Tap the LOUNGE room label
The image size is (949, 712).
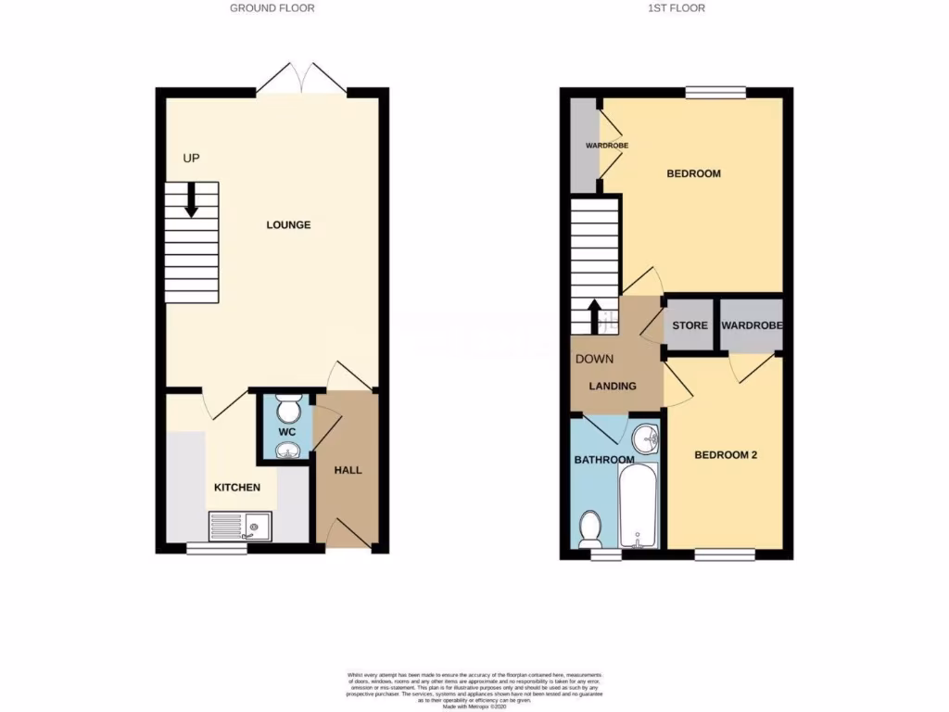(x=288, y=225)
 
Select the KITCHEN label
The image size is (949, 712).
(x=237, y=488)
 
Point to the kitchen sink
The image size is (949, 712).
(x=239, y=528)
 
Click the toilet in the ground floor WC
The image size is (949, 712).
(x=288, y=408)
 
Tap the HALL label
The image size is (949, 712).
(x=348, y=470)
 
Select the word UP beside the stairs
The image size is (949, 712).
(x=192, y=159)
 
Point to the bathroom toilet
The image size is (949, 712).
(x=589, y=529)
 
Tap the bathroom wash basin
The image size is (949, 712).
(x=645, y=438)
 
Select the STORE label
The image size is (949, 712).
(x=690, y=325)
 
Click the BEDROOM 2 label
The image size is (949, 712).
(x=727, y=455)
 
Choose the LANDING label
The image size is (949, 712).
(x=614, y=386)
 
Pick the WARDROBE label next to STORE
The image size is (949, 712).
(x=752, y=325)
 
